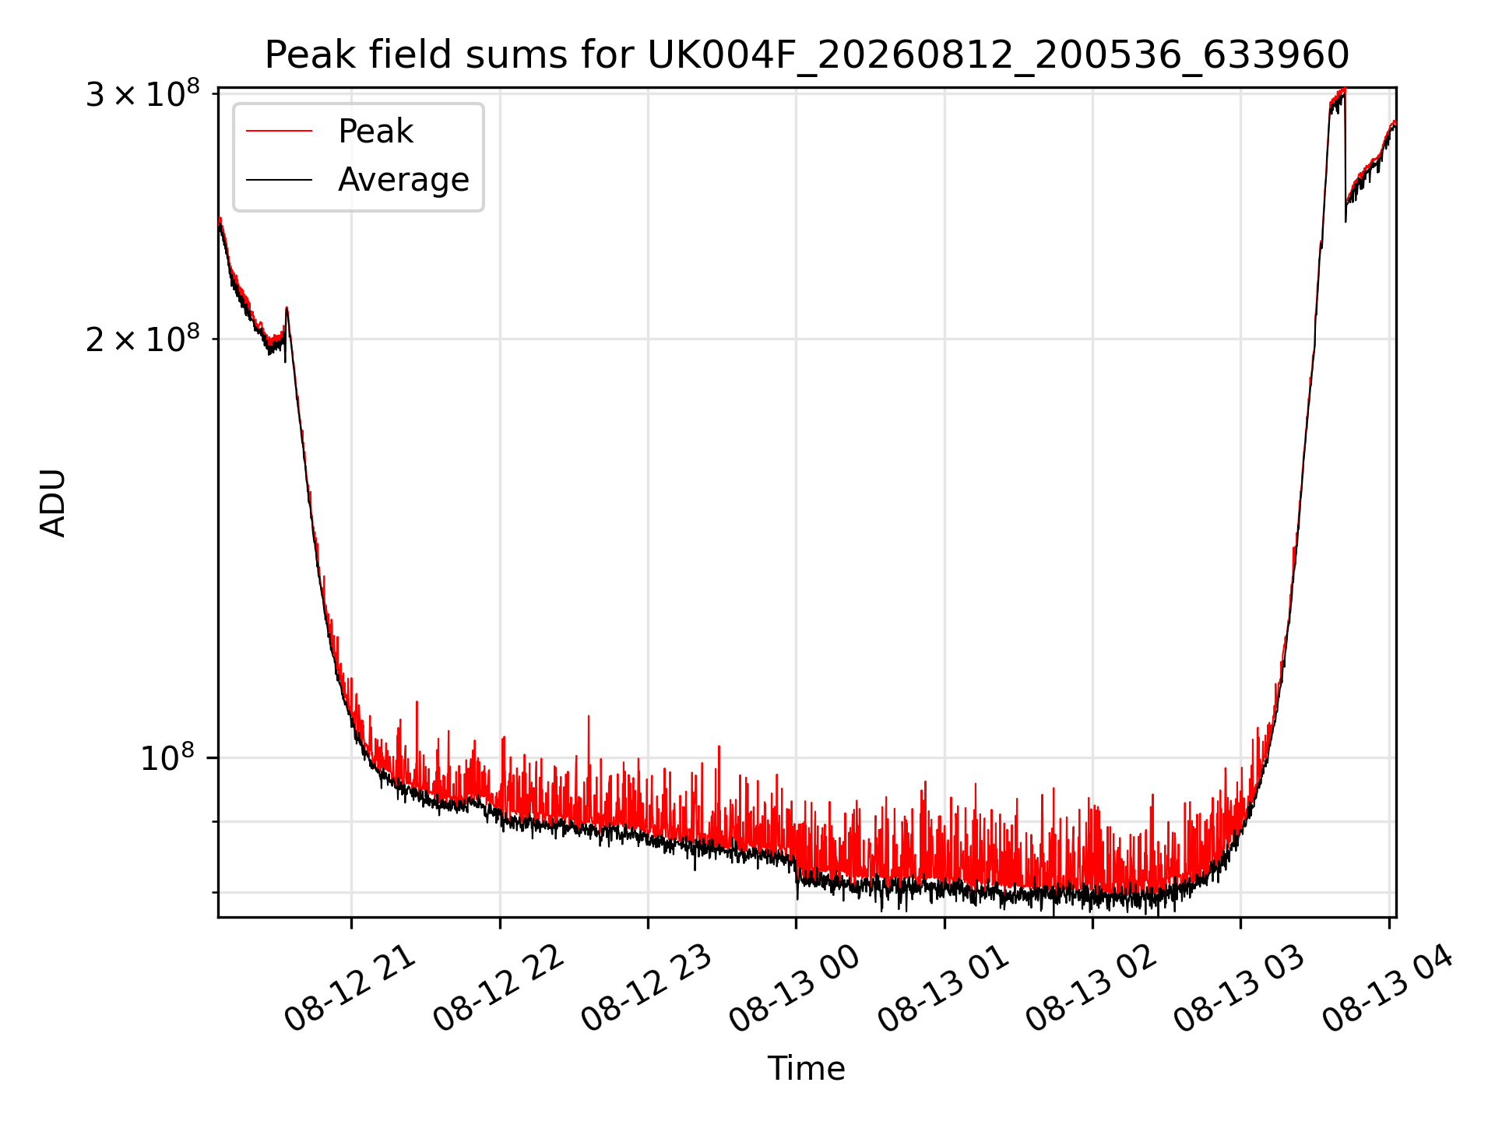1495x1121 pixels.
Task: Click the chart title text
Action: (x=807, y=55)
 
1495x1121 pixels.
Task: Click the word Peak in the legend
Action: (x=375, y=132)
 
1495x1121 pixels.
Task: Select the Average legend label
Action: (x=403, y=180)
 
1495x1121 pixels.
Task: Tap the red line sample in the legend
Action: (x=279, y=132)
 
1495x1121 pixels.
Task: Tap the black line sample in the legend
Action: (x=279, y=180)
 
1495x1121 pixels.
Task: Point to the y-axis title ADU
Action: (x=53, y=502)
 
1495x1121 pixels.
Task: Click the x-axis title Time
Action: (x=806, y=1069)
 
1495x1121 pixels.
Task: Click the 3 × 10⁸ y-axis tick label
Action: (x=142, y=94)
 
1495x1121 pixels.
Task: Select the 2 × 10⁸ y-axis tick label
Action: (x=142, y=339)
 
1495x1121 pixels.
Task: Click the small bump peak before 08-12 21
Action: (x=287, y=308)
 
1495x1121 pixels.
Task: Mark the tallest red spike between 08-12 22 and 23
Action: (x=589, y=715)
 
